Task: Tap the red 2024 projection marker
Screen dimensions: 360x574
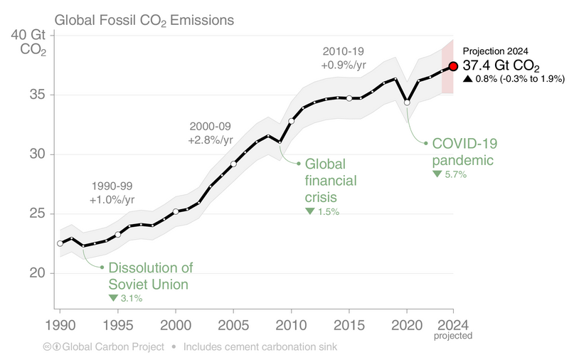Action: [452, 67]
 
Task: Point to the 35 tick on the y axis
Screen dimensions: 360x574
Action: [38, 95]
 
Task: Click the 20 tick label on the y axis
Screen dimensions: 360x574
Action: [38, 273]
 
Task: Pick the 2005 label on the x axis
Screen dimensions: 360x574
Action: [233, 324]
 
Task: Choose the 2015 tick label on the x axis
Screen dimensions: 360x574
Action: [349, 324]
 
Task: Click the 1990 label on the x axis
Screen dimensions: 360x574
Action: [60, 324]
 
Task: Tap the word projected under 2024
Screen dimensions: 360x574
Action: [452, 335]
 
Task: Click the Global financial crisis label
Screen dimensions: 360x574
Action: [330, 180]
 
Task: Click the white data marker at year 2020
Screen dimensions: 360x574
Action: [407, 102]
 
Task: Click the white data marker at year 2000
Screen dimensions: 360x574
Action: [176, 211]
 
